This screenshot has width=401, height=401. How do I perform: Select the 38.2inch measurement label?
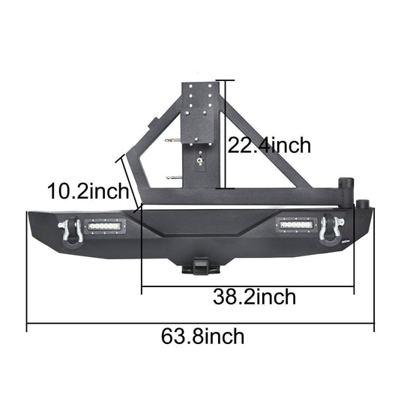coord(253,297)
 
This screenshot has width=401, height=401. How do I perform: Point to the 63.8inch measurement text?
coord(202,336)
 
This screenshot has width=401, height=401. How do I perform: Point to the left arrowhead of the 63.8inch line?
coord(29,325)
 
